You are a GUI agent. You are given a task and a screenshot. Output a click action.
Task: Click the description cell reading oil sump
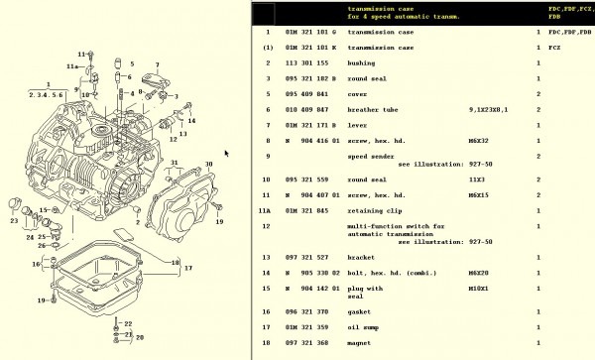pyautogui.click(x=364, y=326)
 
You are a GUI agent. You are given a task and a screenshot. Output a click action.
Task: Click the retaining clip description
pyautogui.click(x=376, y=210)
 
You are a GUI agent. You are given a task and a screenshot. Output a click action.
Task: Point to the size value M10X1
pyautogui.click(x=478, y=288)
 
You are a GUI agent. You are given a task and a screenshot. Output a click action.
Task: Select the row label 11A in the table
pyautogui.click(x=266, y=210)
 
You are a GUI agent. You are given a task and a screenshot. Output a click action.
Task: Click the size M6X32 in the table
pyautogui.click(x=478, y=140)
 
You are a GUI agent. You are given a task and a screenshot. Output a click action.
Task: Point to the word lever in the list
pyautogui.click(x=358, y=125)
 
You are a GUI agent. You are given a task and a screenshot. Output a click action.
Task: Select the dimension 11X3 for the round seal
pyautogui.click(x=475, y=180)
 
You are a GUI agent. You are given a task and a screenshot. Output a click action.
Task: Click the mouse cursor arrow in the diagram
pyautogui.click(x=227, y=153)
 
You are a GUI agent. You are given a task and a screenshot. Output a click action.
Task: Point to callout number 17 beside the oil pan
pyautogui.click(x=187, y=268)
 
